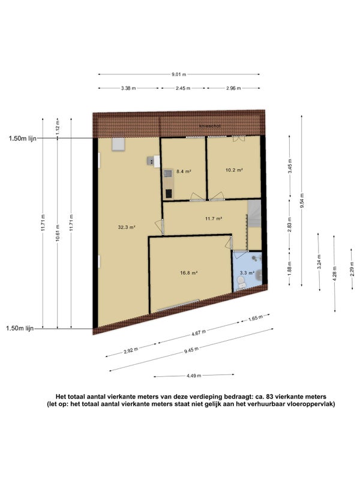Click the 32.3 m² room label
pyautogui.click(x=127, y=227)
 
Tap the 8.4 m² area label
pyautogui.click(x=184, y=172)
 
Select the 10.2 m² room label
pyautogui.click(x=234, y=170)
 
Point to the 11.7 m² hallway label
pyautogui.click(x=214, y=218)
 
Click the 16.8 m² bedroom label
pyautogui.click(x=188, y=273)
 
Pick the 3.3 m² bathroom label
pyautogui.click(x=247, y=273)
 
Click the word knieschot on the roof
pyautogui.click(x=209, y=126)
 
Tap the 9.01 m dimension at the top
pyautogui.click(x=179, y=74)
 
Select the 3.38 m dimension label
pyautogui.click(x=128, y=88)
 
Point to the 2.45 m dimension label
pyautogui.click(x=183, y=88)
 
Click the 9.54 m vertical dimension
pyautogui.click(x=302, y=201)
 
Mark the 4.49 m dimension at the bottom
pyautogui.click(x=194, y=376)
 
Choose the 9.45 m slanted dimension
pyautogui.click(x=191, y=350)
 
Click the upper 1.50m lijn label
pyautogui.click(x=22, y=139)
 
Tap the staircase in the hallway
pyautogui.click(x=254, y=214)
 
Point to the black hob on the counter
pyautogui.click(x=169, y=194)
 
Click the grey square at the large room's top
pyautogui.click(x=118, y=144)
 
